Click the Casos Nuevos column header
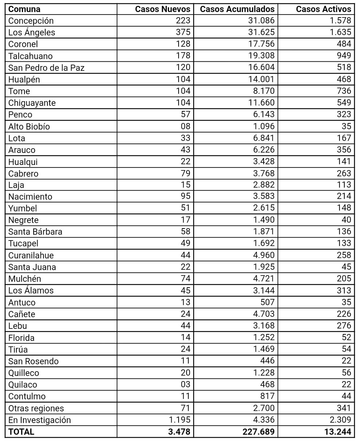coord(162,9)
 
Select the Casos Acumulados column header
coord(237,9)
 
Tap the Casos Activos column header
coord(323,9)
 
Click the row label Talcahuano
coord(30,56)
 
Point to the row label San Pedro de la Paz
coord(46,68)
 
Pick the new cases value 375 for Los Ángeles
coord(183,32)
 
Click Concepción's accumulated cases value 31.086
coord(261,20)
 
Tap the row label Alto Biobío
coord(29,126)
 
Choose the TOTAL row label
coord(21,432)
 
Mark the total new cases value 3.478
coord(179,432)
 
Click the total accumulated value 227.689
coord(258,432)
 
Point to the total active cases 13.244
coord(338,432)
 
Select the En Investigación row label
coord(39,420)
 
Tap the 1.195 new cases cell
coord(180,420)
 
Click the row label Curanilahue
coord(31,255)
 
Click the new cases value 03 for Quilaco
coord(185,384)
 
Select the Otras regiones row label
coord(36,408)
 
